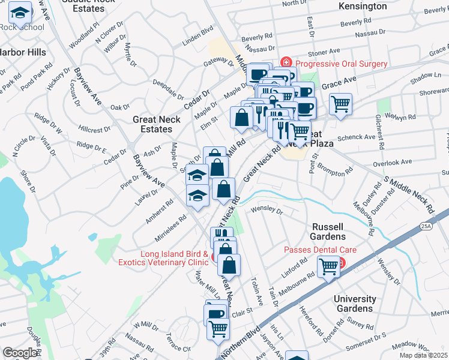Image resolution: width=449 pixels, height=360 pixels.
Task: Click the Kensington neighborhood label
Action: pyautogui.click(x=363, y=7)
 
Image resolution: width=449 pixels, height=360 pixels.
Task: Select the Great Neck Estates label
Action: pyautogui.click(x=152, y=124)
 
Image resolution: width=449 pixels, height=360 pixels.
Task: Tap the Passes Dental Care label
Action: pyautogui.click(x=321, y=250)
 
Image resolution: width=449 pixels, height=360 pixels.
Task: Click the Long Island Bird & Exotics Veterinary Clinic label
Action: pyautogui.click(x=174, y=258)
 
